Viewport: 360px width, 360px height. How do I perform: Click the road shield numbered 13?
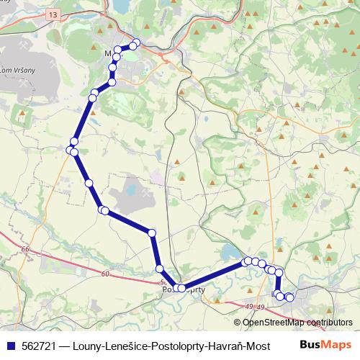point(53,14)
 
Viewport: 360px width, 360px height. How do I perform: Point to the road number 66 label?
point(26,249)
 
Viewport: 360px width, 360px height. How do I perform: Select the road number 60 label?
point(105,274)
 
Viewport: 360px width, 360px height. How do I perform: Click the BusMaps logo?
point(326,345)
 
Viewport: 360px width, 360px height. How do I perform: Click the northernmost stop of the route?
point(135,44)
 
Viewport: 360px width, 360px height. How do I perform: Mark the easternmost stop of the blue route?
point(290,297)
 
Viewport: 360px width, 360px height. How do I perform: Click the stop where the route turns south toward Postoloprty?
point(152,233)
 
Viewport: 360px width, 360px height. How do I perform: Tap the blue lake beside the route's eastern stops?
point(230,252)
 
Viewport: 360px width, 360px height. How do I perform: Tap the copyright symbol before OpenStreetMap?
point(237,323)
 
